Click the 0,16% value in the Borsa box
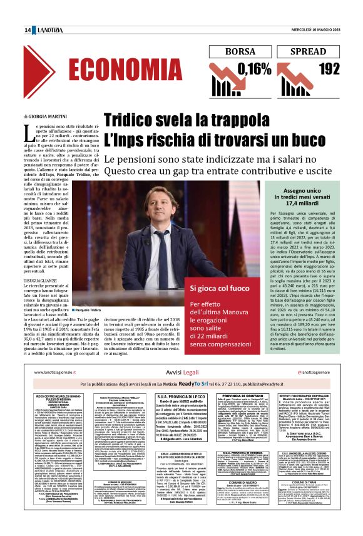[x=245, y=68]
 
